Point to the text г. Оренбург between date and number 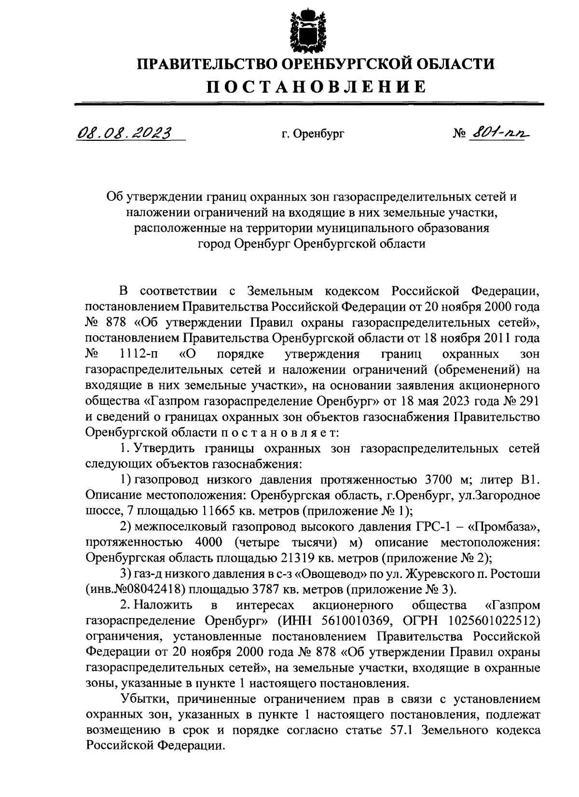[x=313, y=134]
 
